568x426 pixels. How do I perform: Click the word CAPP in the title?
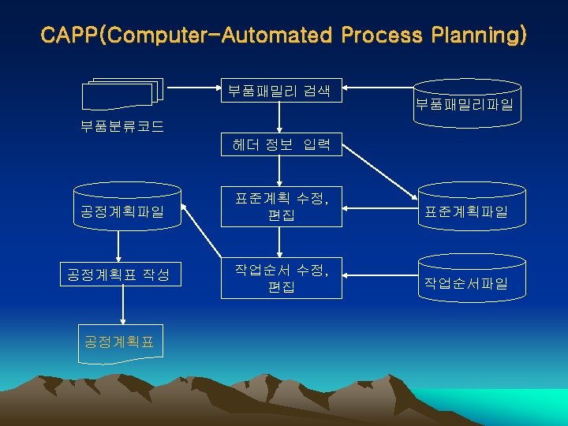tap(70, 35)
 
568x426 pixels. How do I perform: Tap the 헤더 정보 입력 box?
tap(282, 144)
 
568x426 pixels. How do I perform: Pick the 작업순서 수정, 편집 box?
tap(282, 278)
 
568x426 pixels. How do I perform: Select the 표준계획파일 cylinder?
tap(465, 210)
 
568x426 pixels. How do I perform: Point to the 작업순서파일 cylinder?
tap(465, 282)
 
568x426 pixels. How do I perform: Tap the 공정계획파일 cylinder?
tap(122, 210)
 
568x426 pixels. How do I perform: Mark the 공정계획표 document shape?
tap(121, 342)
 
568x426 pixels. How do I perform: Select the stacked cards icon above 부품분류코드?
tap(122, 95)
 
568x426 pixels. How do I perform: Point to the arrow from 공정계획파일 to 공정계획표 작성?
tap(118, 248)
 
